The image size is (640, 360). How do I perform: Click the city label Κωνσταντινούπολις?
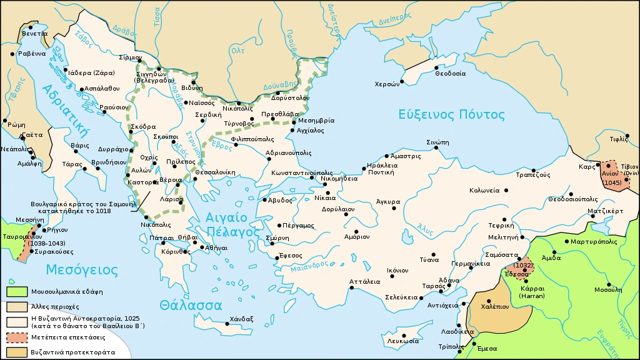click(x=302, y=172)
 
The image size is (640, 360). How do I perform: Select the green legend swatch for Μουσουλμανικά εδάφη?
click(x=16, y=292)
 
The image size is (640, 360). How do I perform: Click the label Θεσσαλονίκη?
click(x=214, y=172)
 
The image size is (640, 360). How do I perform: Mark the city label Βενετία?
click(x=34, y=33)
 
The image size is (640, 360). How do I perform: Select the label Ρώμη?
click(x=17, y=124)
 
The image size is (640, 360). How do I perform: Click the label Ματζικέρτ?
click(x=605, y=211)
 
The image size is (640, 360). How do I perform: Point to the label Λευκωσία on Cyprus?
click(x=402, y=342)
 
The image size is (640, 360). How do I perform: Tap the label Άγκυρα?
click(x=387, y=202)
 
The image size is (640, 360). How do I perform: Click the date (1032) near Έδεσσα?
click(x=523, y=265)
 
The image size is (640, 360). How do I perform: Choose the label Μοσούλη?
click(x=608, y=289)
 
